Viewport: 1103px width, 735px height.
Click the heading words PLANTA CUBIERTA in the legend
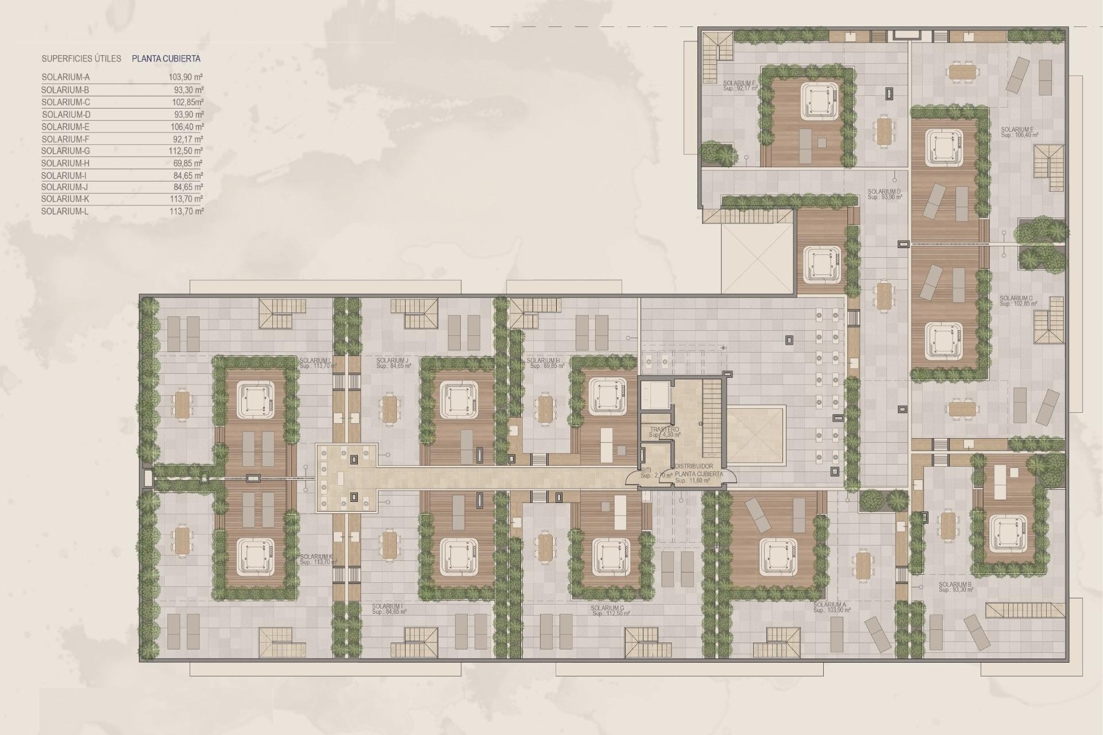166,59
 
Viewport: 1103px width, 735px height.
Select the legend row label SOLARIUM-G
65,151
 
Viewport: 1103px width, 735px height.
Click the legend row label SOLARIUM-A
65,77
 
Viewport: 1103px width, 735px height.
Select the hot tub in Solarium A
778,554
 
